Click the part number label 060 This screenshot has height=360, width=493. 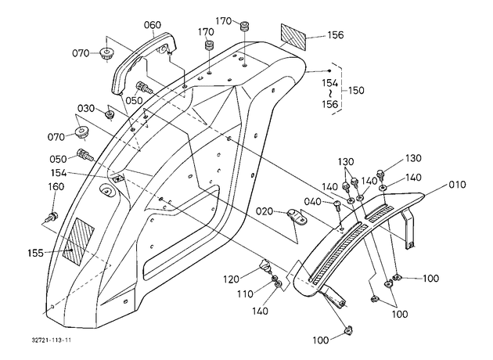[x=153, y=25]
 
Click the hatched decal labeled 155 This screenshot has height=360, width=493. [x=78, y=242]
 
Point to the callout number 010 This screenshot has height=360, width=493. [x=457, y=184]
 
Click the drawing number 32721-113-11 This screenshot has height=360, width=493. [x=52, y=340]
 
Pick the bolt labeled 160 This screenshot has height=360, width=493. [x=52, y=217]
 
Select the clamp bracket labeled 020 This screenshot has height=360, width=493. [x=297, y=216]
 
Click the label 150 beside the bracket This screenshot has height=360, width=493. [x=356, y=91]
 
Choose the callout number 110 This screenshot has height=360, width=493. [x=245, y=294]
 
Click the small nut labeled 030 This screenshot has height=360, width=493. [x=110, y=114]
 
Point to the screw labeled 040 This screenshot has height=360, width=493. [x=337, y=205]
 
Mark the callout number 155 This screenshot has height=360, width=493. [x=35, y=253]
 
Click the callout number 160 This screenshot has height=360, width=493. [x=56, y=187]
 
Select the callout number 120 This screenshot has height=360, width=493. [x=232, y=279]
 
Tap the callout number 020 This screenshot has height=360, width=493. [x=264, y=211]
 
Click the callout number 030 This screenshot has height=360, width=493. [x=86, y=109]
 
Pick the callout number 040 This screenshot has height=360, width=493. [x=313, y=201]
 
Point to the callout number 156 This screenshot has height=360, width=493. [x=336, y=35]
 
